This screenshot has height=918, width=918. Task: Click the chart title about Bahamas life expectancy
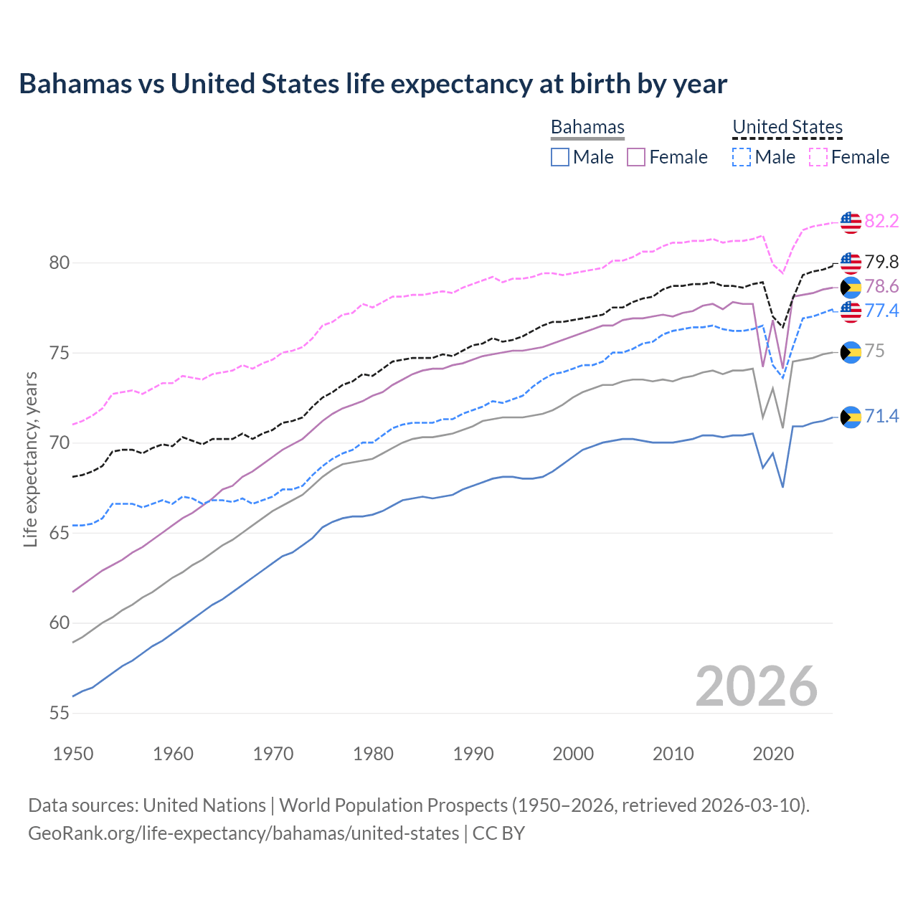373,84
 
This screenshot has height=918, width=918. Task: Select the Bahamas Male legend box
560,157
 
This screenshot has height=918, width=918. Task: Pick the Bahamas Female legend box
637,157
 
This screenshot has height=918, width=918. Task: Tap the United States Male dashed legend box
742,157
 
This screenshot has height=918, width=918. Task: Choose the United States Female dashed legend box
818,157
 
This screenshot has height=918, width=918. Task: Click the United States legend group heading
787,127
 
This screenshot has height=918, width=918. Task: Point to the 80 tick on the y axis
60,262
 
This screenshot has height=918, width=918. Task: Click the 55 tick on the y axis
60,713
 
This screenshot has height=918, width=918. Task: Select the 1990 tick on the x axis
473,754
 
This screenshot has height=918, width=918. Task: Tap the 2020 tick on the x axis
773,754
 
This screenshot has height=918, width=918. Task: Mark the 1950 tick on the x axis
73,754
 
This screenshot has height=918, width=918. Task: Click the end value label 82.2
881,221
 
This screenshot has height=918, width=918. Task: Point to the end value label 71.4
881,416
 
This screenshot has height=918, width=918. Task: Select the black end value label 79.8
881,262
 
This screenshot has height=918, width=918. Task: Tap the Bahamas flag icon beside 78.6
851,288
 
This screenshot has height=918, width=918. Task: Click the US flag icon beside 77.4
851,311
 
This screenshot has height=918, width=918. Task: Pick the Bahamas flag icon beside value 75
851,352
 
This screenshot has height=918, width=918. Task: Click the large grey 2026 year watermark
756,686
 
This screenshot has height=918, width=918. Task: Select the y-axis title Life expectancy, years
30,459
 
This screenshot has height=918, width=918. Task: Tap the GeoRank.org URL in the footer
244,833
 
